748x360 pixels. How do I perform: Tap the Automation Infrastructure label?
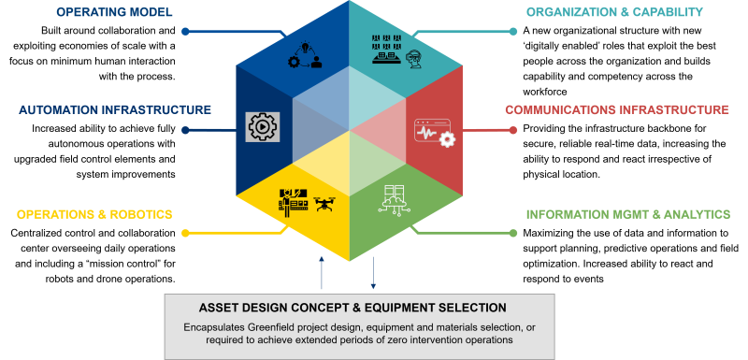(x=115, y=109)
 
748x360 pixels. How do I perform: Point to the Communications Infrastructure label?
(x=616, y=109)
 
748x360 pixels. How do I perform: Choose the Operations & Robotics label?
(x=94, y=214)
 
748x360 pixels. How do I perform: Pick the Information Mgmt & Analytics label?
(x=627, y=214)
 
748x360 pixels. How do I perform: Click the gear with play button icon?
(x=263, y=126)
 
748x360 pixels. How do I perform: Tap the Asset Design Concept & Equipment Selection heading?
(x=352, y=308)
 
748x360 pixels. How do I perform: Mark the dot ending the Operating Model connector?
(x=185, y=31)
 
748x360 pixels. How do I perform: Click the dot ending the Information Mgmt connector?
(x=513, y=231)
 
